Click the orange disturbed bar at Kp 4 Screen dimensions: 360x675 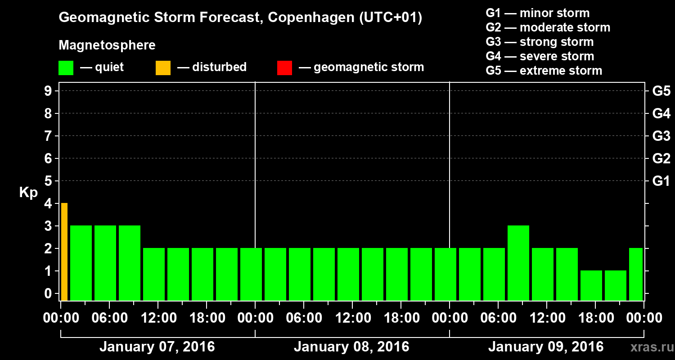tap(64, 252)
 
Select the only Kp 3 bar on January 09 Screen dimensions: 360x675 tap(518, 263)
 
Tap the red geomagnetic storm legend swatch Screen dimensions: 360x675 tap(284, 67)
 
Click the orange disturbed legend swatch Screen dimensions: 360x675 tap(163, 67)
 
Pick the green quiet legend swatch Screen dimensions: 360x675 tap(66, 67)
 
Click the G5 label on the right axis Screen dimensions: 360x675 tap(661, 91)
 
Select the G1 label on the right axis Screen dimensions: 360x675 tap(661, 181)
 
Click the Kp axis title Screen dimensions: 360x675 tap(28, 193)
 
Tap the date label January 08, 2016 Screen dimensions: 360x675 tap(351, 347)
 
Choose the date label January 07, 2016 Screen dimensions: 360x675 tap(157, 347)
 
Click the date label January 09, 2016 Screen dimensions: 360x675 tap(546, 347)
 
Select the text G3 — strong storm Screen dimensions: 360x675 tap(540, 42)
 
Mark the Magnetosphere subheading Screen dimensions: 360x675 tap(107, 45)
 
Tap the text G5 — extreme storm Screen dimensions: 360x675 tap(544, 71)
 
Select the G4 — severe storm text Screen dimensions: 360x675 tap(540, 56)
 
